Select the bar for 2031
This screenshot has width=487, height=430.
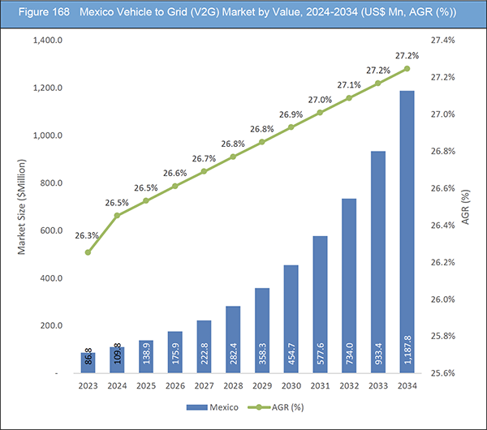click(x=321, y=304)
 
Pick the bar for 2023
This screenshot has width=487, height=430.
click(x=88, y=363)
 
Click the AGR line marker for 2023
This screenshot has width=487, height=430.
click(x=88, y=252)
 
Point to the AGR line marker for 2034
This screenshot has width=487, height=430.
click(x=407, y=68)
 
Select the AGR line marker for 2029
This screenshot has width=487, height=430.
click(x=261, y=142)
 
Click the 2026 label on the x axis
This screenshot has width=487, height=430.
click(x=175, y=385)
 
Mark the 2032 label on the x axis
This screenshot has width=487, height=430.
click(x=349, y=385)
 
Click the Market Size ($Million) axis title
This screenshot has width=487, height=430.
click(x=24, y=207)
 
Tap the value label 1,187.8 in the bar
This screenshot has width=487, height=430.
click(x=407, y=350)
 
